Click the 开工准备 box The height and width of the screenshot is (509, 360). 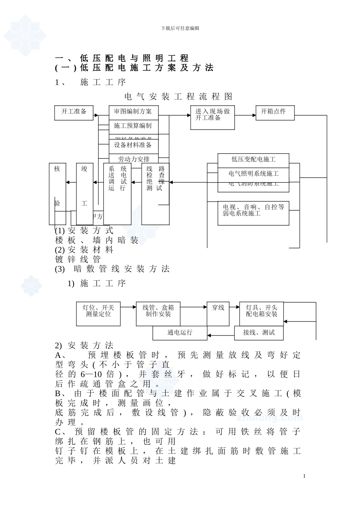point(74,112)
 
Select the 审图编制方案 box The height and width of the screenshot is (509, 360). point(133,111)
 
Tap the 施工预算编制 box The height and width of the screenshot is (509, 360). point(133,126)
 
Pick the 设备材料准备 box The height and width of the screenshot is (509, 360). point(133,145)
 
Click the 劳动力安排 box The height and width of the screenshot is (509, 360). point(133,159)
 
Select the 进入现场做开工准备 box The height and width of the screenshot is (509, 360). point(212,118)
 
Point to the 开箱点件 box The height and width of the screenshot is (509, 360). point(275,112)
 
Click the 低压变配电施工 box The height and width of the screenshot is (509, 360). point(253,160)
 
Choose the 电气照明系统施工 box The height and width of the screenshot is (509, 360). point(253,174)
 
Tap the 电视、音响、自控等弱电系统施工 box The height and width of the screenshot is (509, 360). point(253,213)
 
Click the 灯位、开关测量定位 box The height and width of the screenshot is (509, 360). point(98,314)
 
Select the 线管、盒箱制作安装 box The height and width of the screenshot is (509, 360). point(158,314)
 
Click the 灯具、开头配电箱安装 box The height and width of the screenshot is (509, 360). point(261,314)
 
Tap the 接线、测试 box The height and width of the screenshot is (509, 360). point(259,333)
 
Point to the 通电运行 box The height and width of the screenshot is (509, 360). point(180,333)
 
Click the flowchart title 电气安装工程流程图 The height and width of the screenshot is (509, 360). point(178,97)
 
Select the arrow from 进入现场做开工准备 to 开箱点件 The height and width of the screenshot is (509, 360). point(245,115)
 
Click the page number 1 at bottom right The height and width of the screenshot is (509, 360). point(304,476)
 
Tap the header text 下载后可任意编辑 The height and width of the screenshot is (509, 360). point(180,28)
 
